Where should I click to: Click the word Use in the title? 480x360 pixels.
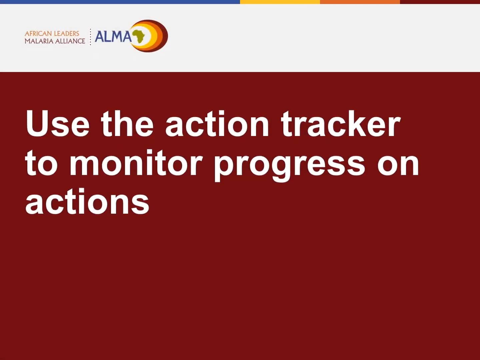pos(58,124)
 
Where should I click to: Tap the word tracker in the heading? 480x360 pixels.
pos(340,124)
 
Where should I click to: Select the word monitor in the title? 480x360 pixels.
pos(136,163)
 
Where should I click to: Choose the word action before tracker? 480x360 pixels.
pos(217,124)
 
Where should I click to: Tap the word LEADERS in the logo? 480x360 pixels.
pos(66,33)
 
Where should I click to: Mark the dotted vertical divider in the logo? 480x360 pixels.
pos(90,37)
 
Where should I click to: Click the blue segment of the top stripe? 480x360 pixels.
pos(120,2)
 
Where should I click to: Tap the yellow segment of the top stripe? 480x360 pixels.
pos(280,2)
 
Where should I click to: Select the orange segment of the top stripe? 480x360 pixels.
pos(360,2)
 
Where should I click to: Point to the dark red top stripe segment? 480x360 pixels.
pos(440,2)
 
